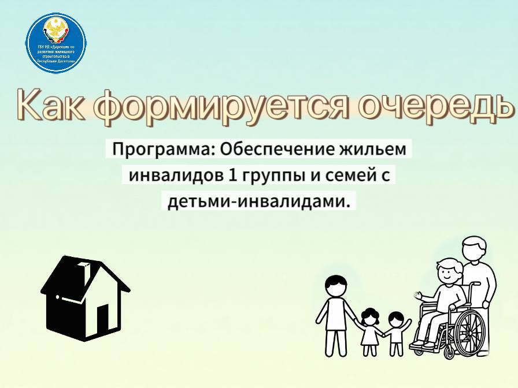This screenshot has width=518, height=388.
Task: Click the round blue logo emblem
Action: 56,43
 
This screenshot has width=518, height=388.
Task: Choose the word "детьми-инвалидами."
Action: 259,201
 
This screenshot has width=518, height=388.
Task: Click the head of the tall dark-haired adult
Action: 336,285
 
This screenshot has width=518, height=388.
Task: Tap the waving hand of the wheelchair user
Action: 418,296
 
